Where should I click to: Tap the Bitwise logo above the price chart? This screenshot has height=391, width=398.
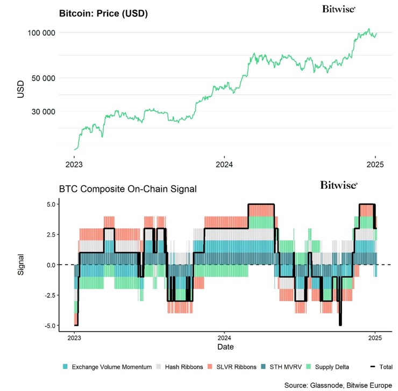pyautogui.click(x=339, y=9)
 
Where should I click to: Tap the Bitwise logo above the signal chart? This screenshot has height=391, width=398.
pyautogui.click(x=339, y=186)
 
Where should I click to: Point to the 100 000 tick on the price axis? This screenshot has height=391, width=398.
pyautogui.click(x=41, y=33)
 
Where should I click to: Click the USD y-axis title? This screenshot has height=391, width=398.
pyautogui.click(x=20, y=89)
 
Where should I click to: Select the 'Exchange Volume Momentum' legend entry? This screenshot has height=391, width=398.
pyautogui.click(x=104, y=367)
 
